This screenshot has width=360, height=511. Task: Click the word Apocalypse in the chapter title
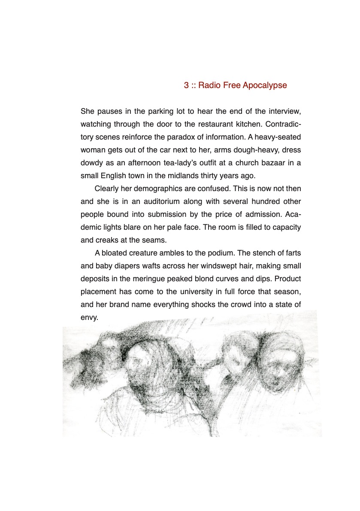coord(264,85)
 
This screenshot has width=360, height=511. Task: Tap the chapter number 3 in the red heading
coord(186,85)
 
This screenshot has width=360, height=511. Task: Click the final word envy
coord(90,318)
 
